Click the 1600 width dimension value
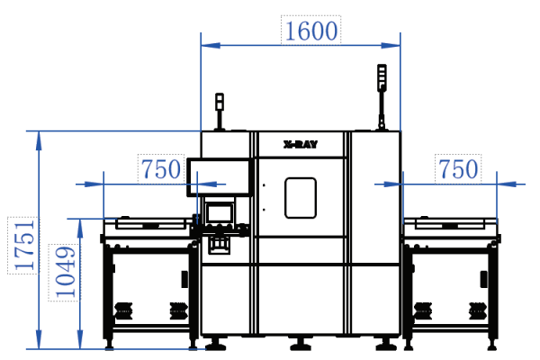click(x=311, y=31)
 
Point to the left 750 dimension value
click(x=162, y=169)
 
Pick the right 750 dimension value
click(x=457, y=169)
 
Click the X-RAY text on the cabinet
click(x=301, y=143)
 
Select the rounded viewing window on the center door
click(x=301, y=197)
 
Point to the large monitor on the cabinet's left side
click(x=220, y=175)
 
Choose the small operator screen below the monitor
click(x=220, y=213)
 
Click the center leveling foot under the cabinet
click(x=301, y=345)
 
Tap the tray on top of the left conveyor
click(x=148, y=222)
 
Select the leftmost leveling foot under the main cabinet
click(x=216, y=345)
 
